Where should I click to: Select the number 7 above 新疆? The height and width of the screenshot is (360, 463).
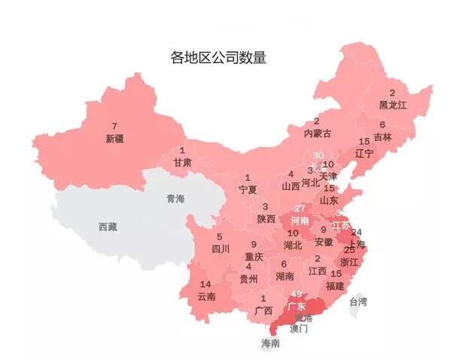pos(114,126)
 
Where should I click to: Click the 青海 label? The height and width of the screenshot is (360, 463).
pos(175,199)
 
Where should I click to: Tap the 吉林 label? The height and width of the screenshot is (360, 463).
pos(382,137)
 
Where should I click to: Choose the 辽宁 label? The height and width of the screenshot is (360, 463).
pos(364,153)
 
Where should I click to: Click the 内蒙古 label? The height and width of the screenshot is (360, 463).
pos(317,133)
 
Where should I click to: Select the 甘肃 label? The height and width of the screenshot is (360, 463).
pos(181,163)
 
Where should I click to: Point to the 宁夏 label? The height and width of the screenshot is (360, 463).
pos(248,188)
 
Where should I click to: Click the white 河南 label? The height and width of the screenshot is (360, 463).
pos(300,221)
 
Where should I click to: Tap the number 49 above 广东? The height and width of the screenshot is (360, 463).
pos(296,294)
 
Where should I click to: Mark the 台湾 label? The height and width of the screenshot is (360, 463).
pos(358,302)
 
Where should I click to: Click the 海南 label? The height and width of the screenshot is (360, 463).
pos(270,343)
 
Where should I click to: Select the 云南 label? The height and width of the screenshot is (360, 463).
pos(206,296)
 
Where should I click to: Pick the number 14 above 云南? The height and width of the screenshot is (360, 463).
pos(206,284)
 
